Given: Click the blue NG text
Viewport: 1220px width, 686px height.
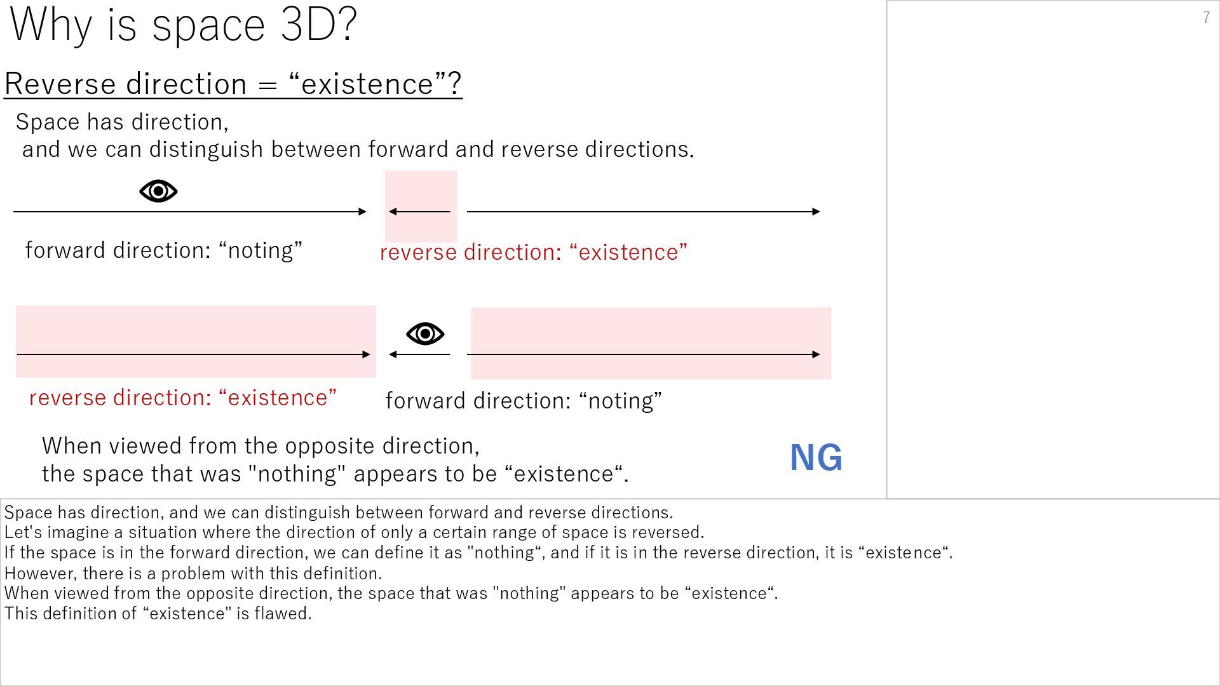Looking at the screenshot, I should (816, 457).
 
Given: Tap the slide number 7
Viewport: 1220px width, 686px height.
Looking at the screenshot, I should (1206, 17).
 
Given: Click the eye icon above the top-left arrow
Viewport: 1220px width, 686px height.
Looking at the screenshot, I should (158, 191).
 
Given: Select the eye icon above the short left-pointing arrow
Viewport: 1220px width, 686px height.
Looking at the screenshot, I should (425, 333).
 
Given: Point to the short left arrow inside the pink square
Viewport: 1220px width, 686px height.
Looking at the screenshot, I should (419, 212).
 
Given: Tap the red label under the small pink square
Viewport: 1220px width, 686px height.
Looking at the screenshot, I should (533, 252).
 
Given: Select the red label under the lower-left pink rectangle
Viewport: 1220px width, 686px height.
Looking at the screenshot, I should (182, 398).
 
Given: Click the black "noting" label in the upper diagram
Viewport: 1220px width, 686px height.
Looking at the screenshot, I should (163, 250).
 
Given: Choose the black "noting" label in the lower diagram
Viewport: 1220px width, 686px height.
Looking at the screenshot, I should (524, 401).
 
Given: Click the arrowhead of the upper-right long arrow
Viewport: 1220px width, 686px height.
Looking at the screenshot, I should (816, 212).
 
